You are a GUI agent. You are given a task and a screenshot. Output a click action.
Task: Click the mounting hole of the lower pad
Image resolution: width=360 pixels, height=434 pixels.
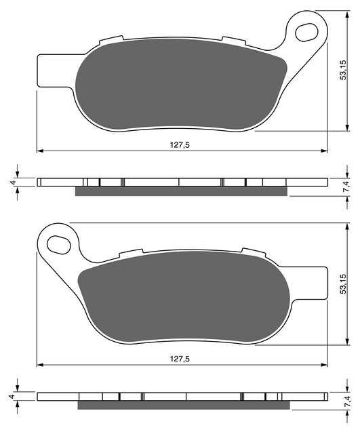(x=59, y=244)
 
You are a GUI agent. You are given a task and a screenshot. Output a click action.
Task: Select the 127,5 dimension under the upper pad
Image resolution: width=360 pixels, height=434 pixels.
(x=180, y=145)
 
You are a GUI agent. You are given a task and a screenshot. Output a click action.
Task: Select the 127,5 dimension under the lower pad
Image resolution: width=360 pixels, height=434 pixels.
(x=180, y=359)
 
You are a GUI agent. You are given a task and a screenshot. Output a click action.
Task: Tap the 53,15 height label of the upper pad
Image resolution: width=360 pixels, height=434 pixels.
(x=343, y=70)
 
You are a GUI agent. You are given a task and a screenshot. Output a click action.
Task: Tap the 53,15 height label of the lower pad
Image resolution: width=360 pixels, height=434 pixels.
(x=343, y=283)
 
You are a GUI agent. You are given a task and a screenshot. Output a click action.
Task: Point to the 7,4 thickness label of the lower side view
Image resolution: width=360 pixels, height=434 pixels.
(x=346, y=401)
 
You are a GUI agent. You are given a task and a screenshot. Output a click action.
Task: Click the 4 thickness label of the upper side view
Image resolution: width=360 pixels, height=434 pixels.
(x=13, y=182)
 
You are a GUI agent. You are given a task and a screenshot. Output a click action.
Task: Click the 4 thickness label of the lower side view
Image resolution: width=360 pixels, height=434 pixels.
(x=13, y=396)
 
